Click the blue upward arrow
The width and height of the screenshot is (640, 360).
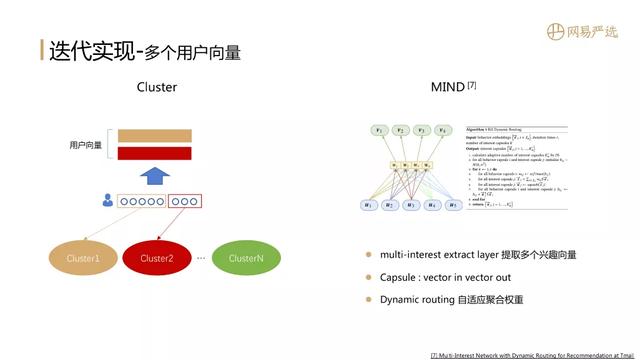coord(153,177)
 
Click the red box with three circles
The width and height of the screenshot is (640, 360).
coord(184,201)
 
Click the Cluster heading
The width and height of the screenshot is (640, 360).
coord(157,87)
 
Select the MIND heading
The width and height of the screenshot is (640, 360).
coord(447,87)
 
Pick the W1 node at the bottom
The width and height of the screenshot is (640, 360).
coord(367,205)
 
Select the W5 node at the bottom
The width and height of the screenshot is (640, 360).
coord(453,205)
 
